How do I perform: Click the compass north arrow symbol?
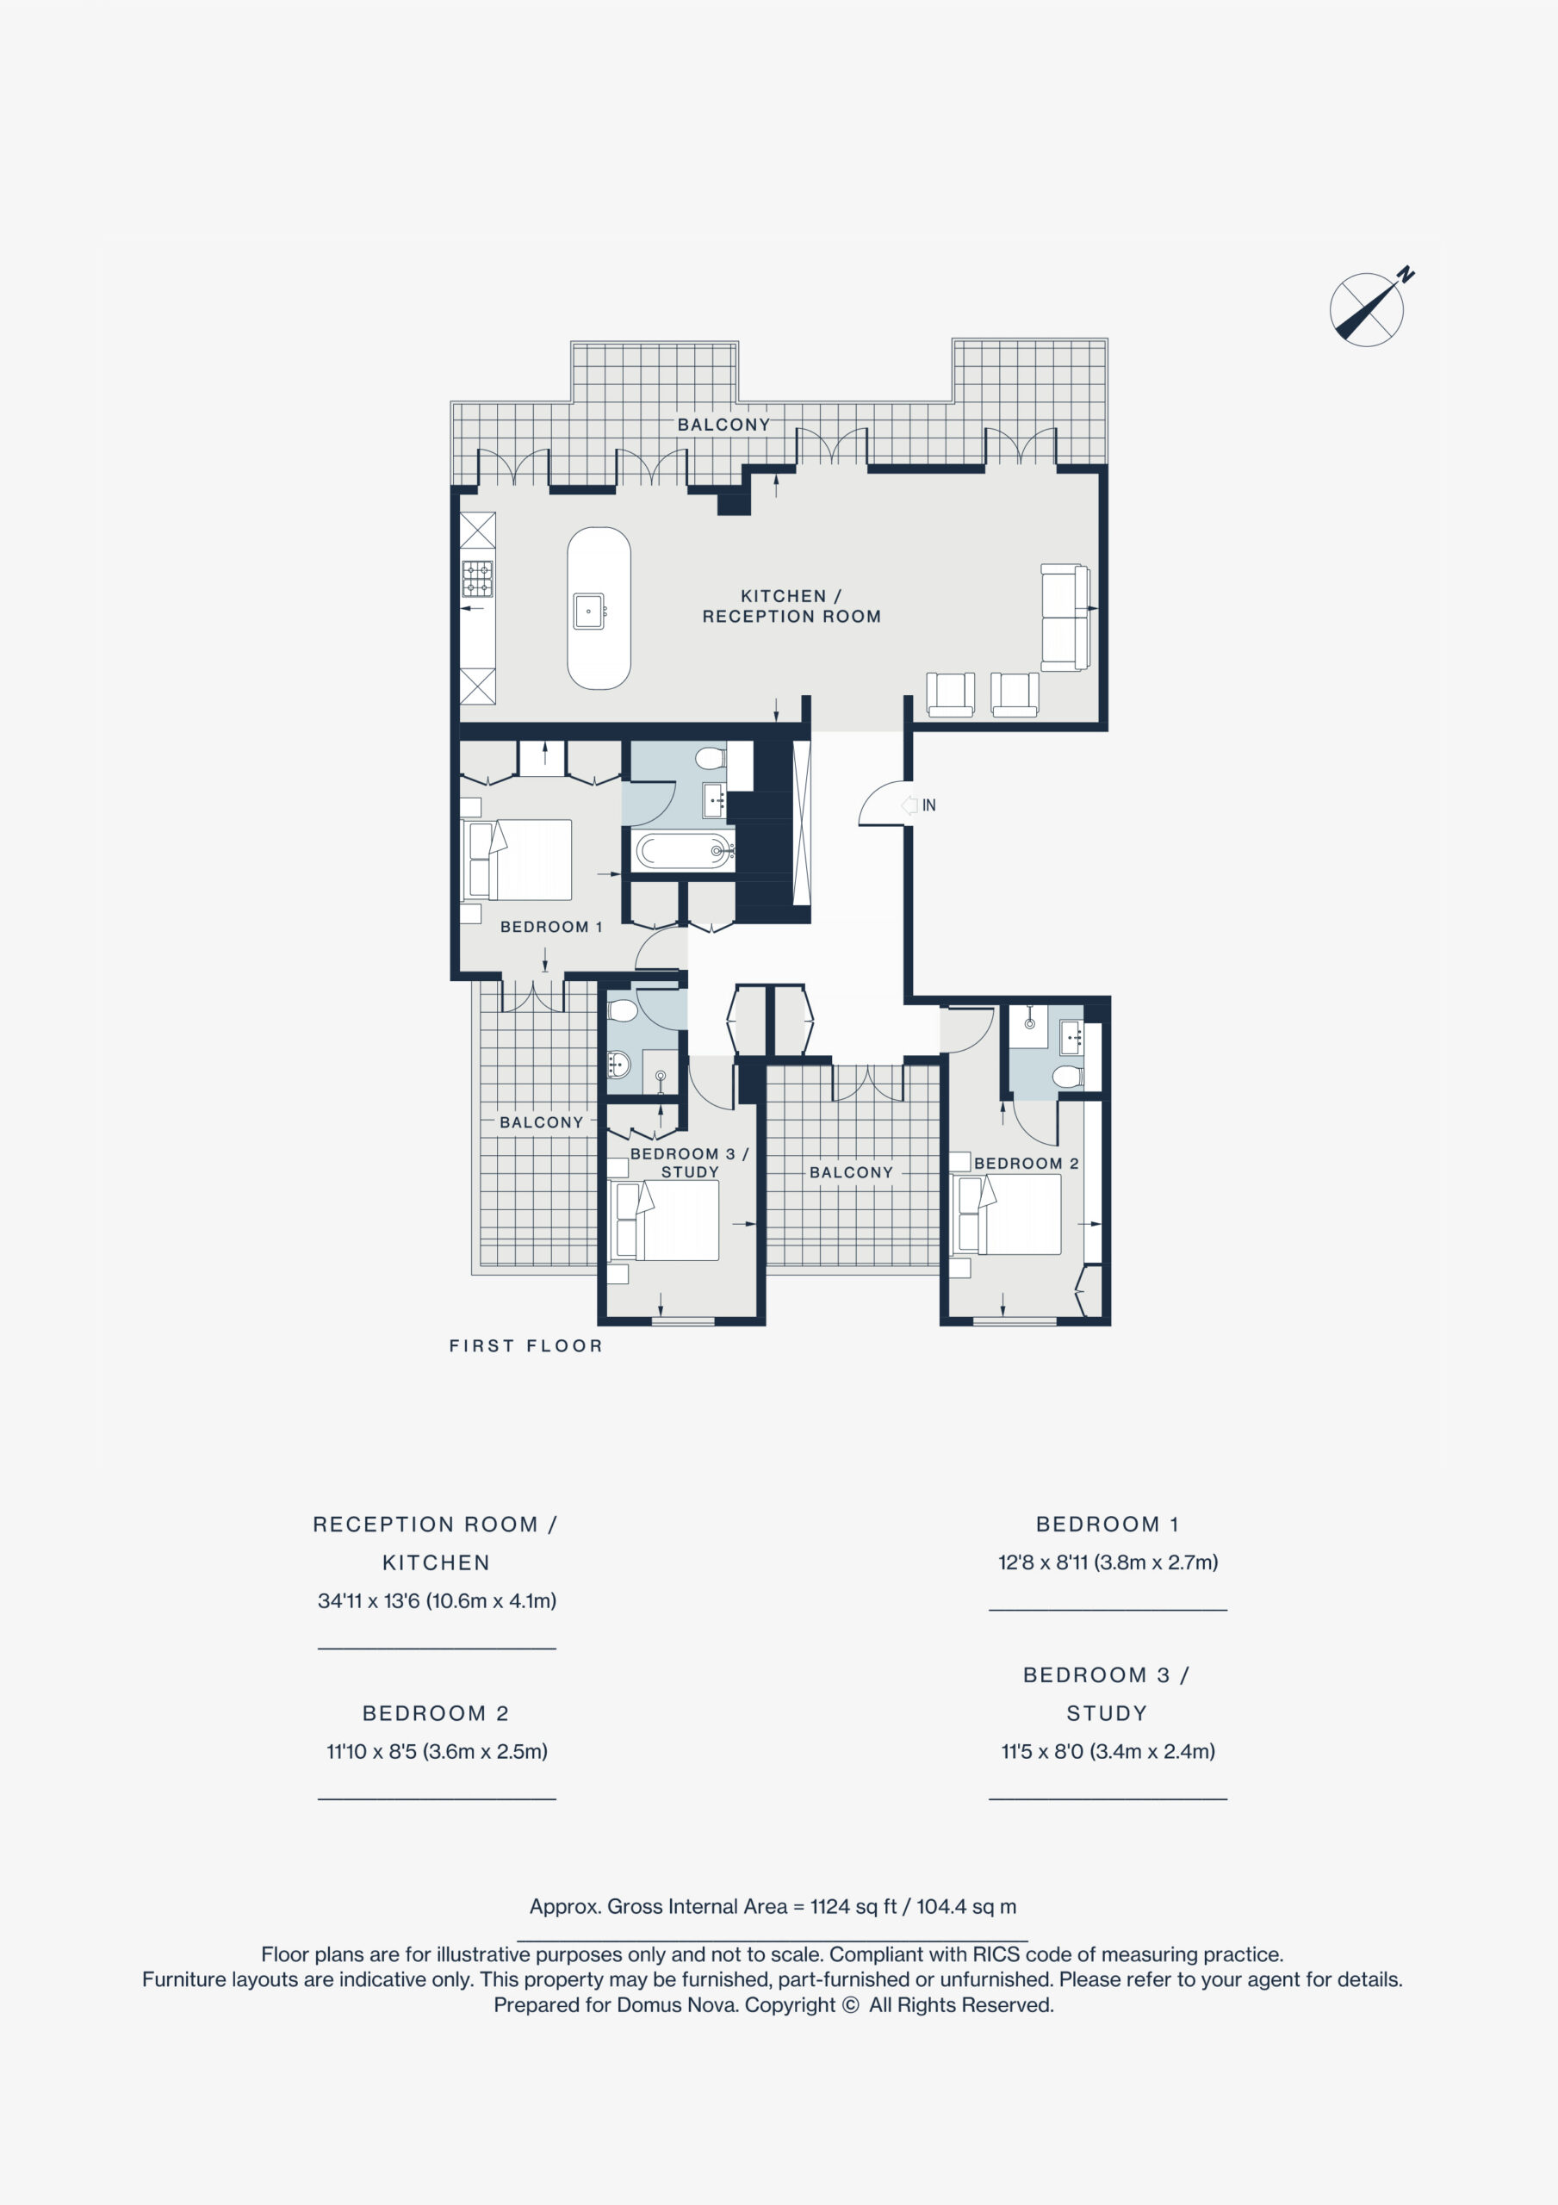[x=1368, y=309]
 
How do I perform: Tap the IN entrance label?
[x=928, y=805]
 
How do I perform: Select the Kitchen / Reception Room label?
[x=791, y=606]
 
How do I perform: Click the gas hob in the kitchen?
[x=477, y=579]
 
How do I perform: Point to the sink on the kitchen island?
[x=589, y=612]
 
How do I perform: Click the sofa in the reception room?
[x=1065, y=618]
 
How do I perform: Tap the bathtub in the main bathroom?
[x=684, y=851]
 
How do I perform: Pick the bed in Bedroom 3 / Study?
[x=665, y=1221]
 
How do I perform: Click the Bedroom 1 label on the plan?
[x=551, y=927]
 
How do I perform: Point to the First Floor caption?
[x=525, y=1346]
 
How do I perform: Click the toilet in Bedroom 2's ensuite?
[x=1067, y=1077]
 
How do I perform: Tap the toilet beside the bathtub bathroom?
[x=711, y=759]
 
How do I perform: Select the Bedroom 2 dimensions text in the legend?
[x=437, y=1751]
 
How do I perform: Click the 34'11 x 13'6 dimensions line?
[x=437, y=1601]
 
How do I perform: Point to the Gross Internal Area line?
[x=773, y=1906]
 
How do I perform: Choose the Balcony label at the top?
[x=723, y=425]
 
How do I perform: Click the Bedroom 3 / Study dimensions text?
[x=1108, y=1751]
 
